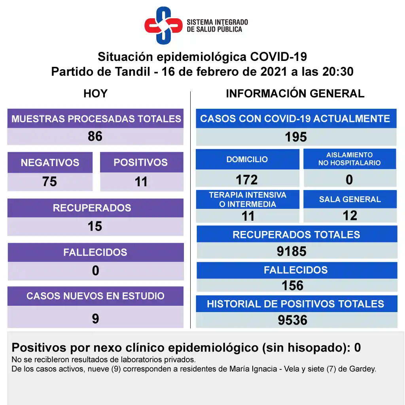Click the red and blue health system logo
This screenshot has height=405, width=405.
[163, 25]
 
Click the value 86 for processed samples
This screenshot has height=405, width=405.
[95, 136]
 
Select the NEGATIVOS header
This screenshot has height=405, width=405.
[50, 163]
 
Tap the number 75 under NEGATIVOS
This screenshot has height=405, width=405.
[50, 182]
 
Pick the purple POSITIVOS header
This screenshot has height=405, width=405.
[141, 163]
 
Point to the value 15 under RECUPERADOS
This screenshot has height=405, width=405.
[95, 226]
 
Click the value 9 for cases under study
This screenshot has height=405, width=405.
[95, 318]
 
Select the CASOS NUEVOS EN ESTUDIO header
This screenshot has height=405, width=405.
[95, 296]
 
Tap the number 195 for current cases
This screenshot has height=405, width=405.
[296, 137]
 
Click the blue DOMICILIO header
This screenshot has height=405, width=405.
[247, 159]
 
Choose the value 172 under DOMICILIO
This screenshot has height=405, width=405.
[247, 180]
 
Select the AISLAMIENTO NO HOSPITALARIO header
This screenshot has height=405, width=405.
[350, 159]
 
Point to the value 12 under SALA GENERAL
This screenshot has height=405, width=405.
[350, 216]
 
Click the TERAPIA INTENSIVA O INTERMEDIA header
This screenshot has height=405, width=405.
[248, 199]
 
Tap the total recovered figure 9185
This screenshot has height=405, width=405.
[292, 251]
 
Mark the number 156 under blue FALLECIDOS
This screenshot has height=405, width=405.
[293, 286]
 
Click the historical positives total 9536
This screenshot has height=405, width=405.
[293, 320]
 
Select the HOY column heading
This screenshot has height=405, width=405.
[95, 94]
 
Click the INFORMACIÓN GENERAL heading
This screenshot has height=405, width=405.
[295, 94]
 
